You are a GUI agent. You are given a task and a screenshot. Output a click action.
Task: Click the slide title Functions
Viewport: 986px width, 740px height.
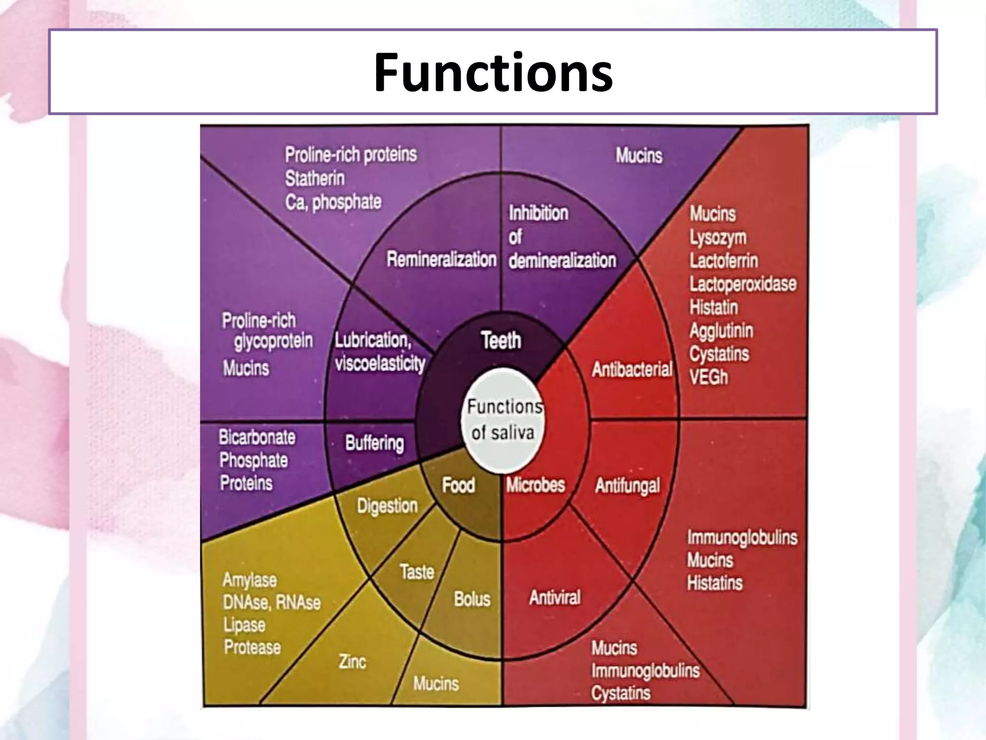coord(493,72)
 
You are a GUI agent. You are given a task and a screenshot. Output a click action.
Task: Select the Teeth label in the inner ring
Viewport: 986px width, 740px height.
coord(501,341)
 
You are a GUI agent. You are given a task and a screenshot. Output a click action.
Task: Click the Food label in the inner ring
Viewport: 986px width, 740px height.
coord(458,485)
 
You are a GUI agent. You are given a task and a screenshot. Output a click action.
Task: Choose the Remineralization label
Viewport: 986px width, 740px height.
coord(441,260)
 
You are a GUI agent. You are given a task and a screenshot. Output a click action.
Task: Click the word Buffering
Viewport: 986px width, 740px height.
coord(375,443)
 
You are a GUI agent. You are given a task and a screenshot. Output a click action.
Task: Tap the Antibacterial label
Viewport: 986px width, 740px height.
coord(632,370)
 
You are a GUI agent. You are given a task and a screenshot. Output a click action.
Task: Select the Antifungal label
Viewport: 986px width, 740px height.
coord(627,486)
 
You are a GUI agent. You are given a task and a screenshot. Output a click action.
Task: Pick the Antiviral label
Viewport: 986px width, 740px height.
coord(555,598)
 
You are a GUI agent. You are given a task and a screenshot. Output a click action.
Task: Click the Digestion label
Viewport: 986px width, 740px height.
coord(387,506)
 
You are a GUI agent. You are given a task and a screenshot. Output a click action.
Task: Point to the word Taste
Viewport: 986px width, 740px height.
coord(417,572)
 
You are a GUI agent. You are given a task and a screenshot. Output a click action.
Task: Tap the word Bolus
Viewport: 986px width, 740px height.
coord(472,599)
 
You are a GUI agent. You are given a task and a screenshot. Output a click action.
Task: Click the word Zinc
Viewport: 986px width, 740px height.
coord(352,662)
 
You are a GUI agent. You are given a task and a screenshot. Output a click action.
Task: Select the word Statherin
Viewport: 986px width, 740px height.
coord(315,179)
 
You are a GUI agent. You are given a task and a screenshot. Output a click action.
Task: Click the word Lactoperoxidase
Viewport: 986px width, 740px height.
coord(742,284)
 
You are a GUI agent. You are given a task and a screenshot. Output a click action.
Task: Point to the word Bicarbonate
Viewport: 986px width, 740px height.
coord(257,437)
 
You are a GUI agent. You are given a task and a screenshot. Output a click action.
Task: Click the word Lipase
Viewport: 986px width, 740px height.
coord(244,625)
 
